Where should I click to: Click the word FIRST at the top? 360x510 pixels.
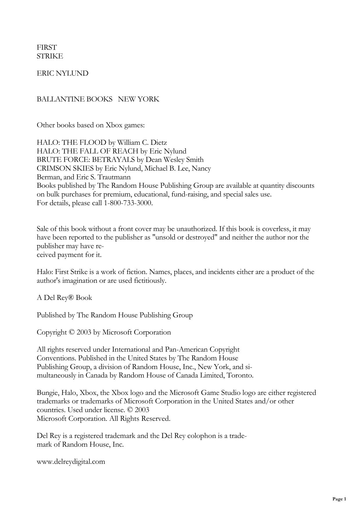(x=46, y=47)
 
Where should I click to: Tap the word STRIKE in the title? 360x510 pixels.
(x=50, y=56)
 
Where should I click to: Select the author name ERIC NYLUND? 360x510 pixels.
(x=62, y=73)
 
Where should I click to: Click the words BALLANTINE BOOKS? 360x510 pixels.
(x=74, y=99)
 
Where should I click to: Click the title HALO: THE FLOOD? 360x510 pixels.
(x=71, y=142)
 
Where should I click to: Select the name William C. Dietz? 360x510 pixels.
(x=142, y=142)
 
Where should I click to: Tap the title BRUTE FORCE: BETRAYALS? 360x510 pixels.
(x=86, y=160)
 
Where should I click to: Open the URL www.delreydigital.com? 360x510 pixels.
(x=71, y=461)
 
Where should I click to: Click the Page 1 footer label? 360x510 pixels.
(x=339, y=499)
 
